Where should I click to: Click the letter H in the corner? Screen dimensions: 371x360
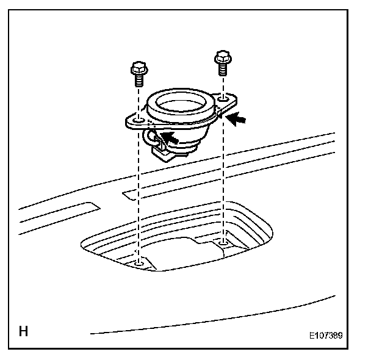[x=24, y=333]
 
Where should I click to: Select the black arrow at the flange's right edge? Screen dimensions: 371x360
[x=240, y=119]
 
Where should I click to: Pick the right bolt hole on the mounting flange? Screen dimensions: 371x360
[x=225, y=98]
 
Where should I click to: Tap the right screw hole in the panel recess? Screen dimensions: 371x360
[x=223, y=243]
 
